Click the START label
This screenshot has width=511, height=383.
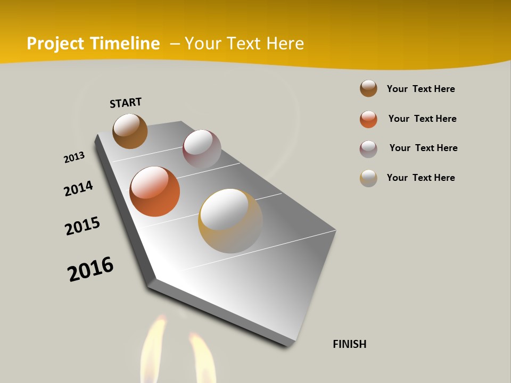pos(126,102)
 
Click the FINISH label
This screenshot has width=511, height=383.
pos(350,344)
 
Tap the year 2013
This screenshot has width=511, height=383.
pos(75,157)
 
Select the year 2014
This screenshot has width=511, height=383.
pos(79,188)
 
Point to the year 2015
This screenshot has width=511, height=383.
pos(83,226)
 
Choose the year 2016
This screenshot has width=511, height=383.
pos(90,269)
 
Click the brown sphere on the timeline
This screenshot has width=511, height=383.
pos(130,131)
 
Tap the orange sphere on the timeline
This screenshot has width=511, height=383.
pos(155,191)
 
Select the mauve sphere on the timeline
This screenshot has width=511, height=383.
pos(202,149)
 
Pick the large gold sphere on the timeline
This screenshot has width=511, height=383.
pos(230,221)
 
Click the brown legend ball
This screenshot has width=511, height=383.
pos(368,89)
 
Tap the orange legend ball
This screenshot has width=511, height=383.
pos(368,119)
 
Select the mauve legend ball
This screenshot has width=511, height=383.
pos(368,149)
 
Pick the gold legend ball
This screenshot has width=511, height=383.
pos(368,178)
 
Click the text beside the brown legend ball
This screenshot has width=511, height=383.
pos(421,89)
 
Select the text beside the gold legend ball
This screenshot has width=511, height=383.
pos(421,178)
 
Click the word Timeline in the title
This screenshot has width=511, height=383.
pos(125,44)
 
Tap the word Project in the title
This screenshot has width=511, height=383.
pos(56,44)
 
